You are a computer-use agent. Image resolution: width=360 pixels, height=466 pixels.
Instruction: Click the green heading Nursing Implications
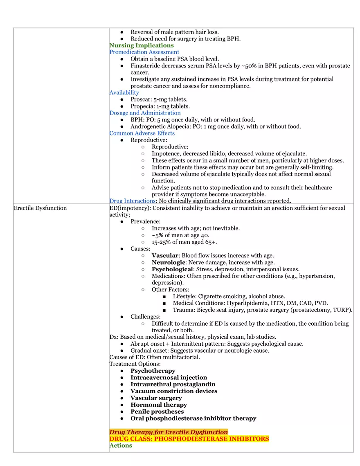click(x=141, y=45)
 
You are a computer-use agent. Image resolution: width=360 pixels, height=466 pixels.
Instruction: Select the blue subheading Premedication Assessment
click(x=144, y=52)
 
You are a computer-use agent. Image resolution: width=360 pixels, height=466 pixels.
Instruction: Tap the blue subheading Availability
click(x=124, y=92)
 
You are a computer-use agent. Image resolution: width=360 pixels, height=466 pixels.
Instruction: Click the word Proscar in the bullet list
click(x=141, y=99)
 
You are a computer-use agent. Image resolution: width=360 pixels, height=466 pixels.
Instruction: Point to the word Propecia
click(x=142, y=106)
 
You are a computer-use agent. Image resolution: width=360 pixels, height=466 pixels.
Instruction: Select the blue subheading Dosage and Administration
click(x=145, y=113)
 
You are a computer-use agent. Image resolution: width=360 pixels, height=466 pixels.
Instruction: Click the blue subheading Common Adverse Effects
click(x=142, y=133)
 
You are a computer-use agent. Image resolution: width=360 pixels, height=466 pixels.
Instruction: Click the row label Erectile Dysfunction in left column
click(x=40, y=208)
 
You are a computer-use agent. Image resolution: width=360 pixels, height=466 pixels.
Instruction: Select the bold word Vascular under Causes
click(x=165, y=256)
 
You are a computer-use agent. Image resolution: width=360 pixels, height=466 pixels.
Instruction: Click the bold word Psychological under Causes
click(x=172, y=269)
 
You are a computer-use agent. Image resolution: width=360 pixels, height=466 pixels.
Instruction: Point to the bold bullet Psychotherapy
click(x=153, y=371)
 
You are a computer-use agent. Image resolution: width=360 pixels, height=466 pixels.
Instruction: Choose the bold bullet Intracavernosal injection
click(x=169, y=378)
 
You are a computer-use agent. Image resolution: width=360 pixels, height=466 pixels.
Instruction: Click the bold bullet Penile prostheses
click(x=157, y=412)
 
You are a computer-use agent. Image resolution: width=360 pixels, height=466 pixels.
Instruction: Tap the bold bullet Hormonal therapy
click(x=158, y=405)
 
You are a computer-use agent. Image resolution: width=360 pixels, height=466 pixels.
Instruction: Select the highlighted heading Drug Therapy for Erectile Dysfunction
click(x=169, y=432)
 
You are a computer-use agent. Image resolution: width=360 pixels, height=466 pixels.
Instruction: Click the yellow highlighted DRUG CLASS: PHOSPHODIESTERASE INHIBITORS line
click(x=189, y=439)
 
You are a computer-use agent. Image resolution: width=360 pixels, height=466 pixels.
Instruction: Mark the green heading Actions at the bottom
click(x=121, y=446)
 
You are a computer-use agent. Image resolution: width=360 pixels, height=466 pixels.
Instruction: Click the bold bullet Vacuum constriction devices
click(x=174, y=391)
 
